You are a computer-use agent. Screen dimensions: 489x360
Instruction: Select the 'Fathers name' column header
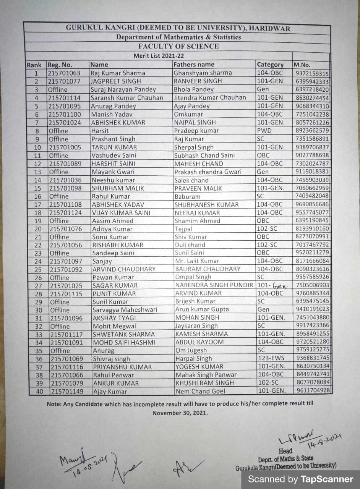coord(194,65)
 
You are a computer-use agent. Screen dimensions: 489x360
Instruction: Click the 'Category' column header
coord(270,65)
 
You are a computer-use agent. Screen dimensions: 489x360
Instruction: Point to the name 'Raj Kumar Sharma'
coord(118,73)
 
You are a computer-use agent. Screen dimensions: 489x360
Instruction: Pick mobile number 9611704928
coord(312,390)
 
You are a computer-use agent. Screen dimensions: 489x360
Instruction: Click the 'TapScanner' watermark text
coord(327,479)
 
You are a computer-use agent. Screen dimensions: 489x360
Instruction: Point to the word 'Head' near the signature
coord(285,451)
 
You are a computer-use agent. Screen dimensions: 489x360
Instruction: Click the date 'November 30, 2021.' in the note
coord(180,413)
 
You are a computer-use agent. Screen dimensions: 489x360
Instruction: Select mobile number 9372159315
coord(312,73)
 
